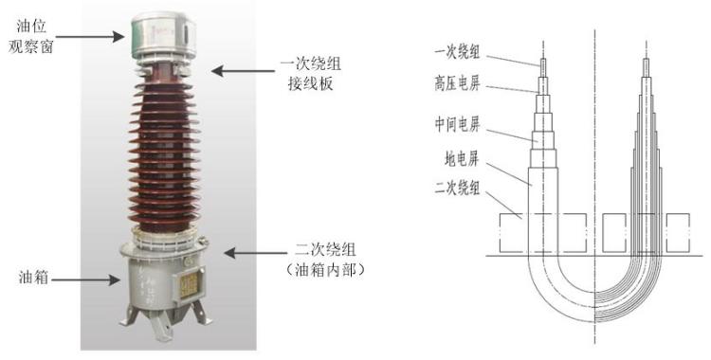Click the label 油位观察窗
31,36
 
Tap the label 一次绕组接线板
311,73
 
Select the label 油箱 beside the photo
33,277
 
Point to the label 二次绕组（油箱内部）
325,260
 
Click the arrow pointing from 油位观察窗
90,37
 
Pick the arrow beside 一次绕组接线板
243,71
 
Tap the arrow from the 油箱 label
85,279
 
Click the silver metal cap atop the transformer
164,37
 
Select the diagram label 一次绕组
457,52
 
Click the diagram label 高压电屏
457,83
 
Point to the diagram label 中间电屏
457,124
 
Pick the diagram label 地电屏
462,159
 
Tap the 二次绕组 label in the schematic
457,188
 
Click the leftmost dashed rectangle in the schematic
543,233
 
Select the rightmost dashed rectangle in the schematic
678,233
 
